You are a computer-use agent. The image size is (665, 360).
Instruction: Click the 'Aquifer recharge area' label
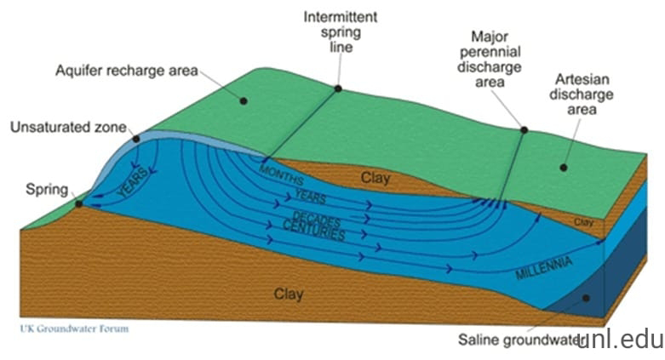[x=126, y=70]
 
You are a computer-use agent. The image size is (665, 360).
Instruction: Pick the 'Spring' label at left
[x=46, y=189]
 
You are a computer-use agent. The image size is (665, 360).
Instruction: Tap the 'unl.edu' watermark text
[x=621, y=340]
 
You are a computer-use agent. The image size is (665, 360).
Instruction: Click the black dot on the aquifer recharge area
[x=243, y=100]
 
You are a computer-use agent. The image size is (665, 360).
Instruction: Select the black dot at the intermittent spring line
[x=338, y=88]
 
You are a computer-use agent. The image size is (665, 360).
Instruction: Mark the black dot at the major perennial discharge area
[x=524, y=130]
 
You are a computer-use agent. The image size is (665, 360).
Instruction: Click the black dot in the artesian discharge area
[x=563, y=167]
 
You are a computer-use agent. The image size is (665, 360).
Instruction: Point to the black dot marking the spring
[x=78, y=203]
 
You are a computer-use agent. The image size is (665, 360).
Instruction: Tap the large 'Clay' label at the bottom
[x=289, y=294]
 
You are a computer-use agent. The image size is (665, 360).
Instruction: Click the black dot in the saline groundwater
[x=586, y=298]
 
